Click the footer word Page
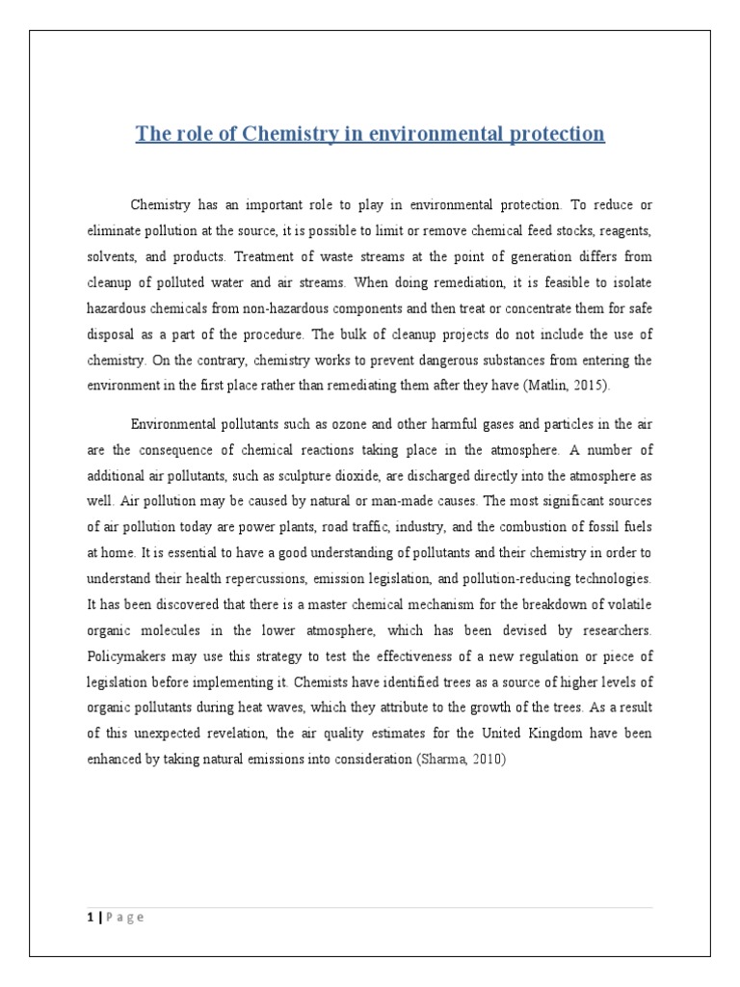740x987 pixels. coord(122,918)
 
